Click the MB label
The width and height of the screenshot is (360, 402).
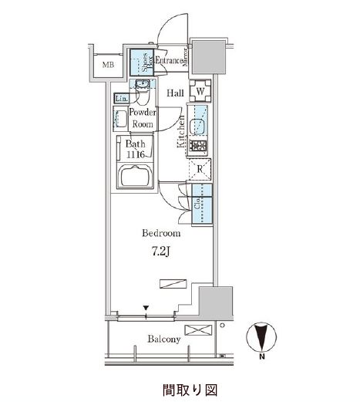[x=108, y=65]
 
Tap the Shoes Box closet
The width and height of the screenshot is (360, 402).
[x=142, y=62]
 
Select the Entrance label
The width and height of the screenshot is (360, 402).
[x=169, y=61]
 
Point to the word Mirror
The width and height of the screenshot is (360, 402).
[x=185, y=57]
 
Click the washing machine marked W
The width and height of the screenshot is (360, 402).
[x=200, y=91]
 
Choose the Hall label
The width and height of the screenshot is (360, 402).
[x=175, y=93]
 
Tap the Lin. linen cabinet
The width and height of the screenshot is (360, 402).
[x=121, y=98]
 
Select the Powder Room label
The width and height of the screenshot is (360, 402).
[x=143, y=118]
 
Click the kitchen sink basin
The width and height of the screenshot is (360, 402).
[x=197, y=127]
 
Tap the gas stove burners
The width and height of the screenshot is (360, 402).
[x=198, y=146]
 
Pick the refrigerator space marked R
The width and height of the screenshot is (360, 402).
[x=200, y=169]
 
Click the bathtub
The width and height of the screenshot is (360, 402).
[x=136, y=175]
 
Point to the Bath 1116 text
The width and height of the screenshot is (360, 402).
[x=135, y=149]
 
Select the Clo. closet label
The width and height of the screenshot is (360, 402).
[x=197, y=203]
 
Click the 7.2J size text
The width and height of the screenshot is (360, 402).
[x=160, y=252]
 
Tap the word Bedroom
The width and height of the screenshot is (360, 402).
[x=161, y=233]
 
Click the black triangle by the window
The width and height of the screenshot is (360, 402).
[x=146, y=308]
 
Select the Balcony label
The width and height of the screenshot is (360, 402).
[x=164, y=339]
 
